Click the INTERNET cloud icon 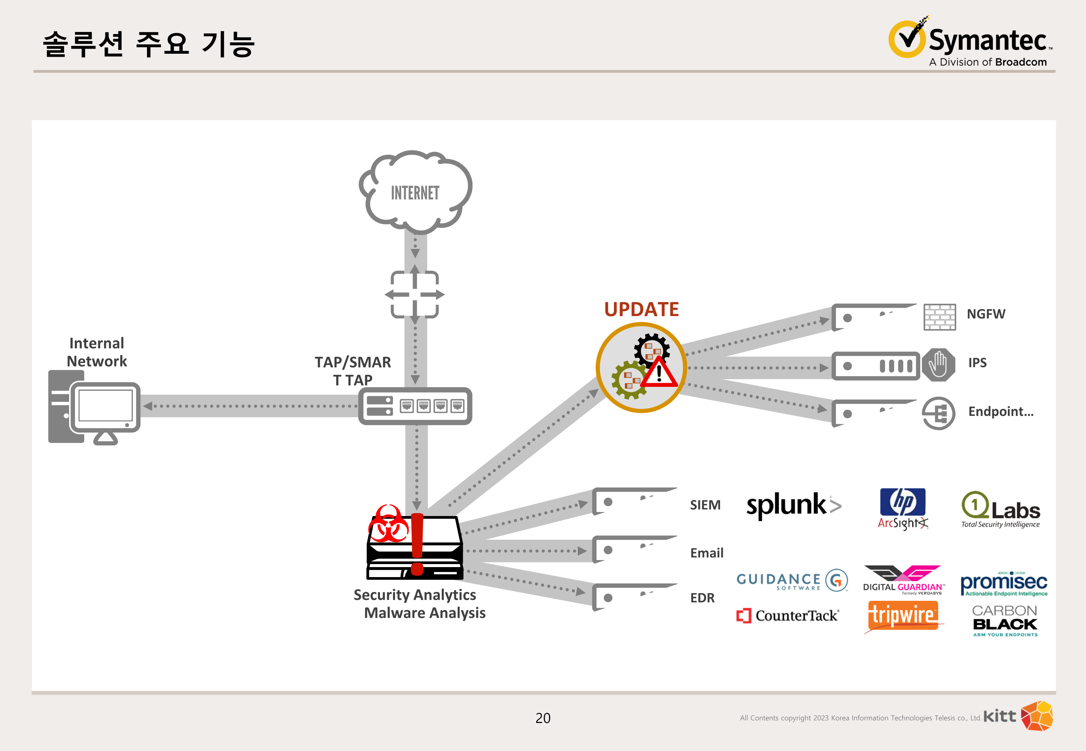[x=415, y=192]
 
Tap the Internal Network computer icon [x=94, y=408]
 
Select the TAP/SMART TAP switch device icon [x=415, y=406]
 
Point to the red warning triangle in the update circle [x=659, y=373]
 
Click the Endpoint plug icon [x=938, y=413]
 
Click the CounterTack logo [x=787, y=615]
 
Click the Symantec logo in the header [x=970, y=42]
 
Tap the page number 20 [x=543, y=718]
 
